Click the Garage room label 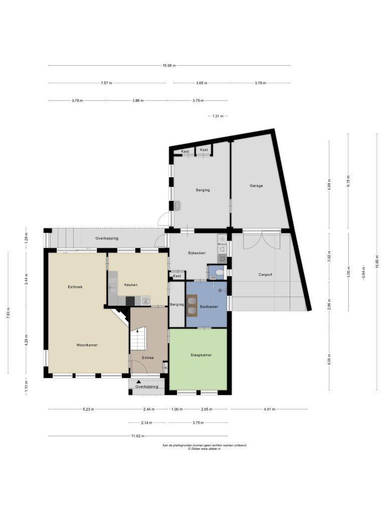pos(256,186)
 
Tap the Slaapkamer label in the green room pos(201,355)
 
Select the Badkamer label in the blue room pos(209,307)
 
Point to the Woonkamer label pos(87,345)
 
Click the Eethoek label pos(75,287)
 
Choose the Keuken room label pos(131,285)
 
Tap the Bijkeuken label pos(197,253)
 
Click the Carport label pos(265,275)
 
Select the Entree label pos(148,357)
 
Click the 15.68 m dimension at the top pos(169,66)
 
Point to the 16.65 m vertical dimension pos(376,262)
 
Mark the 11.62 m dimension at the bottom pos(137,436)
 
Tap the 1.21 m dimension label pos(218,116)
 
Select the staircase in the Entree pos(137,338)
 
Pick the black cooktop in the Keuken pos(130,301)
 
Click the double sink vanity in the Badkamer pos(191,306)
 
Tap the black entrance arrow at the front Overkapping pos(139,382)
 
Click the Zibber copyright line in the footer pos(204,449)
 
